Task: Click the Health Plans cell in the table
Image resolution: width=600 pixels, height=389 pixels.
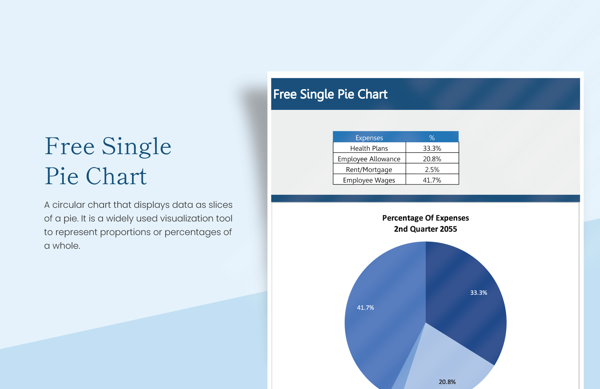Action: [x=369, y=148]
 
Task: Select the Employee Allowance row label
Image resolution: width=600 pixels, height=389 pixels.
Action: [x=369, y=159]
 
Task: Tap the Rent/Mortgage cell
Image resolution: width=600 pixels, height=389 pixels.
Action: [x=369, y=170]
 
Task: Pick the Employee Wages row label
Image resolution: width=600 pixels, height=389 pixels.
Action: [x=369, y=180]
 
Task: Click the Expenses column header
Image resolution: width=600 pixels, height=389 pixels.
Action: [x=369, y=138]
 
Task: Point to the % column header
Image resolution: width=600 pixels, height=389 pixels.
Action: [x=432, y=138]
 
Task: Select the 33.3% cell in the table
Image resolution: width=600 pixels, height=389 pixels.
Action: [x=432, y=148]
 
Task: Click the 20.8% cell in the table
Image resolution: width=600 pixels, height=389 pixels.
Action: [x=432, y=159]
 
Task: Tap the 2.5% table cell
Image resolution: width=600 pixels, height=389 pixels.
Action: [x=432, y=170]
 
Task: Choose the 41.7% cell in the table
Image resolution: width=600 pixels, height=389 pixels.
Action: [x=432, y=180]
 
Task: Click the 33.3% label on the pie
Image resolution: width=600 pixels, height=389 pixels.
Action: [x=478, y=293]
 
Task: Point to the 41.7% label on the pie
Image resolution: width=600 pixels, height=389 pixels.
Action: [x=365, y=308]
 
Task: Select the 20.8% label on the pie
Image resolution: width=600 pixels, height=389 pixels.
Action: [x=447, y=382]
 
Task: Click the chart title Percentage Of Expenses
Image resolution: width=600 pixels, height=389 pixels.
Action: [x=425, y=218]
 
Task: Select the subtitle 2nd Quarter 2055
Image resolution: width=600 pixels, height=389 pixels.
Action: [x=425, y=229]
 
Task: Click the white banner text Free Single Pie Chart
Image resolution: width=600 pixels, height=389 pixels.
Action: [x=330, y=95]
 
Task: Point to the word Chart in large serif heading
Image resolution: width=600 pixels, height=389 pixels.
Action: [x=116, y=176]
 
